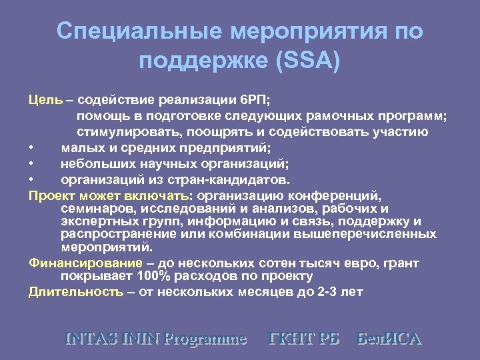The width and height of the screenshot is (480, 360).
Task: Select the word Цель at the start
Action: point(45,101)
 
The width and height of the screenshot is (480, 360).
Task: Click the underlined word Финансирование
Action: point(85,262)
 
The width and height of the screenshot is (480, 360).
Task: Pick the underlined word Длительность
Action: point(75,292)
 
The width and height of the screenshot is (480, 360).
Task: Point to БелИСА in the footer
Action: point(389,338)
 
